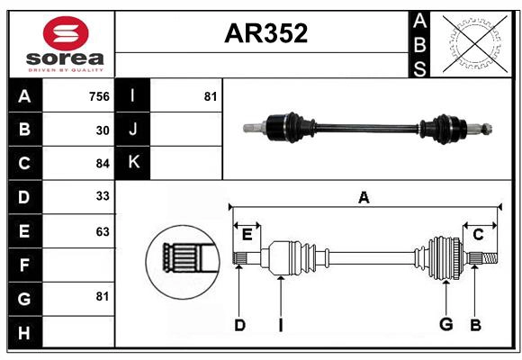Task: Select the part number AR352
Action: pyautogui.click(x=265, y=33)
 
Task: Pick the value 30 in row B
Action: pyautogui.click(x=103, y=130)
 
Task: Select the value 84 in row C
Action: pyautogui.click(x=103, y=164)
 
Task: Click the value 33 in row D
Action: pyautogui.click(x=103, y=197)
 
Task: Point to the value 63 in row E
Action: pyautogui.click(x=103, y=231)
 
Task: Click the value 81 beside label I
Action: pyautogui.click(x=210, y=96)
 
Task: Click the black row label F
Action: pyautogui.click(x=24, y=265)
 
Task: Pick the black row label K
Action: pyautogui.click(x=132, y=164)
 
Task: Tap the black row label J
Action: pyautogui.click(x=132, y=130)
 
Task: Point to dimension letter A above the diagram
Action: pyautogui.click(x=364, y=197)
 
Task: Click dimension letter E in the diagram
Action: pyautogui.click(x=247, y=235)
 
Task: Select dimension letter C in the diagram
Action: pyautogui.click(x=479, y=235)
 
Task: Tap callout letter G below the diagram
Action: pyautogui.click(x=445, y=325)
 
